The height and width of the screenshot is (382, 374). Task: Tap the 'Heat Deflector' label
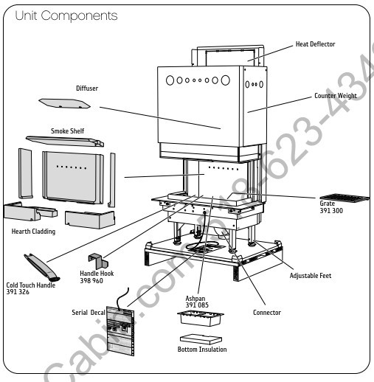315,44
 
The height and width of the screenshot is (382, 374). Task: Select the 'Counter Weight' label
336,96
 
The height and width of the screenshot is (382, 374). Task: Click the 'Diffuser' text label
87,88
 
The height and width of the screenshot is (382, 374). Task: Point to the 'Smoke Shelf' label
67,131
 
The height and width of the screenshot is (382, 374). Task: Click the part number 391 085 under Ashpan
197,305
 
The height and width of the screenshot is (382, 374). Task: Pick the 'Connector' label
266,313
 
